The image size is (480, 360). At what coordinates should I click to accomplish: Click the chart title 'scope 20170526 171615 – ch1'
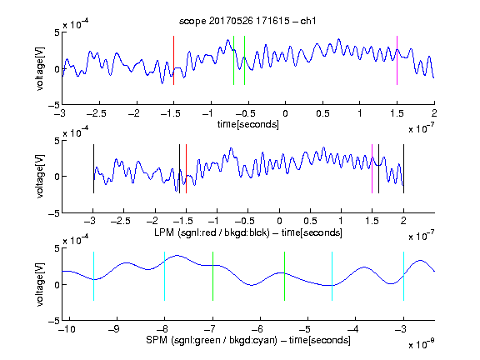[247, 21]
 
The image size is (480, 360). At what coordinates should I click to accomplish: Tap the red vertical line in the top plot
[174, 60]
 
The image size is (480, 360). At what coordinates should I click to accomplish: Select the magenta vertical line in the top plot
[397, 60]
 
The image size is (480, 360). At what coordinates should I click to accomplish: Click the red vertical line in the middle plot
[186, 168]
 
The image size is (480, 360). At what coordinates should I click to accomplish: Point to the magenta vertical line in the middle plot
[372, 168]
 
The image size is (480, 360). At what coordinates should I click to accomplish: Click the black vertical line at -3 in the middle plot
[93, 168]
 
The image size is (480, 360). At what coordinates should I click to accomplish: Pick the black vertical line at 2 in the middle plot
[403, 168]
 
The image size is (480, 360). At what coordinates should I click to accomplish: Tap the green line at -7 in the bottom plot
[212, 276]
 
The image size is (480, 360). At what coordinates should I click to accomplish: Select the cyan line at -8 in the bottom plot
[165, 276]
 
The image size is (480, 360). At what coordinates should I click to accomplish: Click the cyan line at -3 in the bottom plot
[403, 276]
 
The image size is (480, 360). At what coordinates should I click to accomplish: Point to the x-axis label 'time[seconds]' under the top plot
[248, 124]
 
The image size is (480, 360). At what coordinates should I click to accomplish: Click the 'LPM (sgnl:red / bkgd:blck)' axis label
[212, 232]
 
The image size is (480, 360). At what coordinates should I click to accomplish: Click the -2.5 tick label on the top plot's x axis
[96, 114]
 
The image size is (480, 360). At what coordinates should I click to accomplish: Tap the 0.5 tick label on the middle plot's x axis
[310, 221]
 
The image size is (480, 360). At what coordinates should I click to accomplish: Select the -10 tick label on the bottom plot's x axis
[67, 329]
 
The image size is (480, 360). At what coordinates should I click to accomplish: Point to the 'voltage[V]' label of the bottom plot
[40, 285]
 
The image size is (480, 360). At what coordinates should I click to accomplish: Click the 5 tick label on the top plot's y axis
[57, 32]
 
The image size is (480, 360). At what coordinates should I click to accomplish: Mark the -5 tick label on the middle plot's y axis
[54, 213]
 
